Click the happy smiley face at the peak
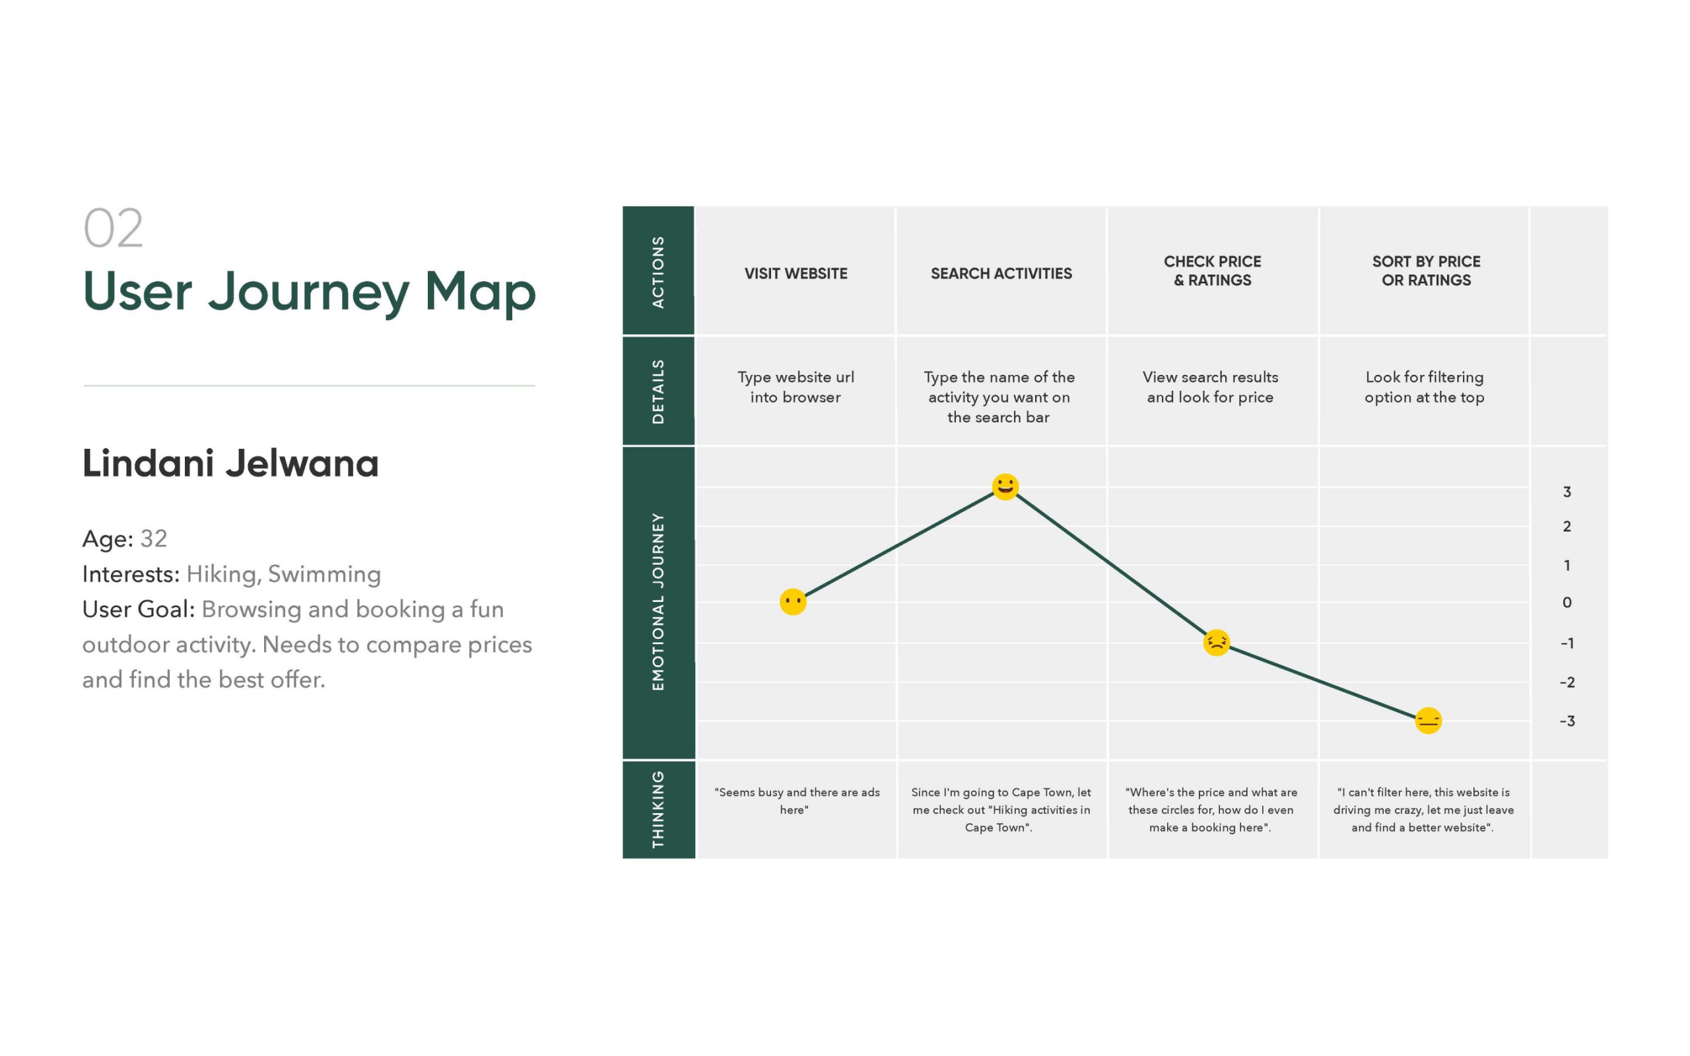(1005, 487)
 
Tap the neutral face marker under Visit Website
(793, 601)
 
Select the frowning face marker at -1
(1217, 643)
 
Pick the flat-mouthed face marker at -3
(1428, 721)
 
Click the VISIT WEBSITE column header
(795, 274)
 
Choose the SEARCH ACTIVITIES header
(1001, 274)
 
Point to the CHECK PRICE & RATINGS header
(1212, 271)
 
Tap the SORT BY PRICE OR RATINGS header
(1426, 271)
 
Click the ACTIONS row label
(658, 272)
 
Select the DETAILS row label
(658, 391)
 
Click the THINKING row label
(658, 809)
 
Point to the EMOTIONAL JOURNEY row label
(658, 601)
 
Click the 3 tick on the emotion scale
(1567, 492)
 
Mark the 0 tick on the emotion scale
(1567, 602)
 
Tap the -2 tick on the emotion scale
(1567, 682)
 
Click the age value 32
(154, 539)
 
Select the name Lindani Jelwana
(230, 463)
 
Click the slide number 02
(113, 228)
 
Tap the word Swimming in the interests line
(324, 574)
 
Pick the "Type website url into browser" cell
(795, 387)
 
